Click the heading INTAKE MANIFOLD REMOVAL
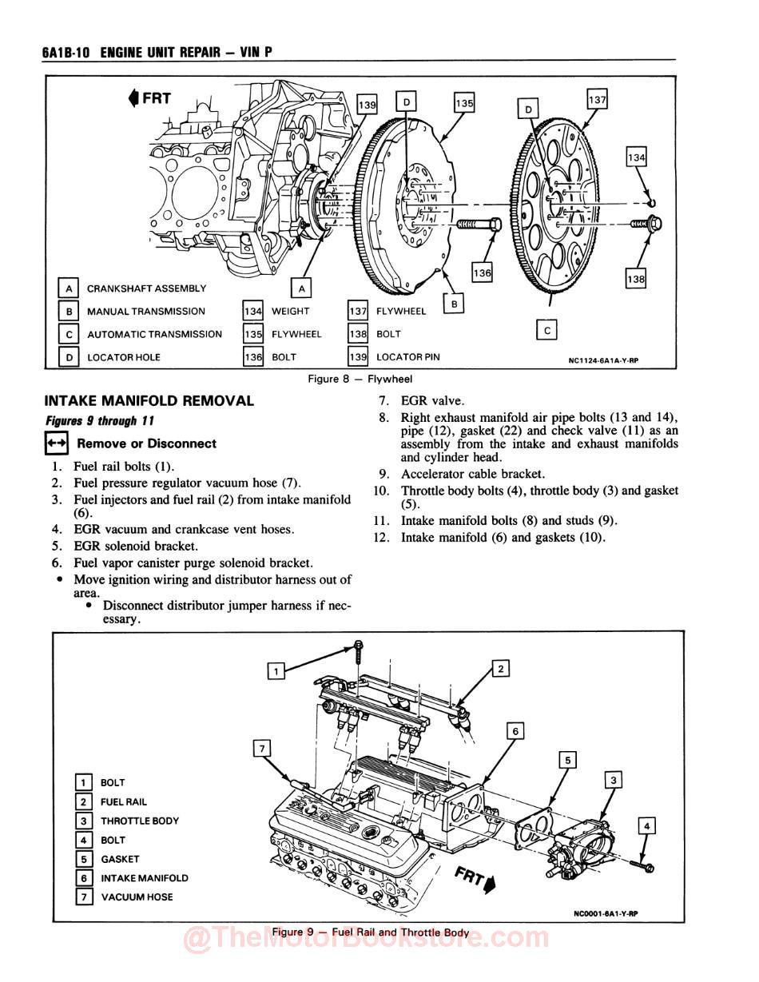149,401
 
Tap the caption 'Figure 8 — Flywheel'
360,379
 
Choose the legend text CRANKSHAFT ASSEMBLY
146,288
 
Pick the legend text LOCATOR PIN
407,357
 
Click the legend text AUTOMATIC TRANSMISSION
154,334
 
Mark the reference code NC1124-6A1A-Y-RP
603,360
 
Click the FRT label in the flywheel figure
149,98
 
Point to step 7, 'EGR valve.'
431,401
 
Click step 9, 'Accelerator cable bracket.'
472,474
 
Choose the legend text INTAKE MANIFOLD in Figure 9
145,878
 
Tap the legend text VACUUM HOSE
137,897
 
